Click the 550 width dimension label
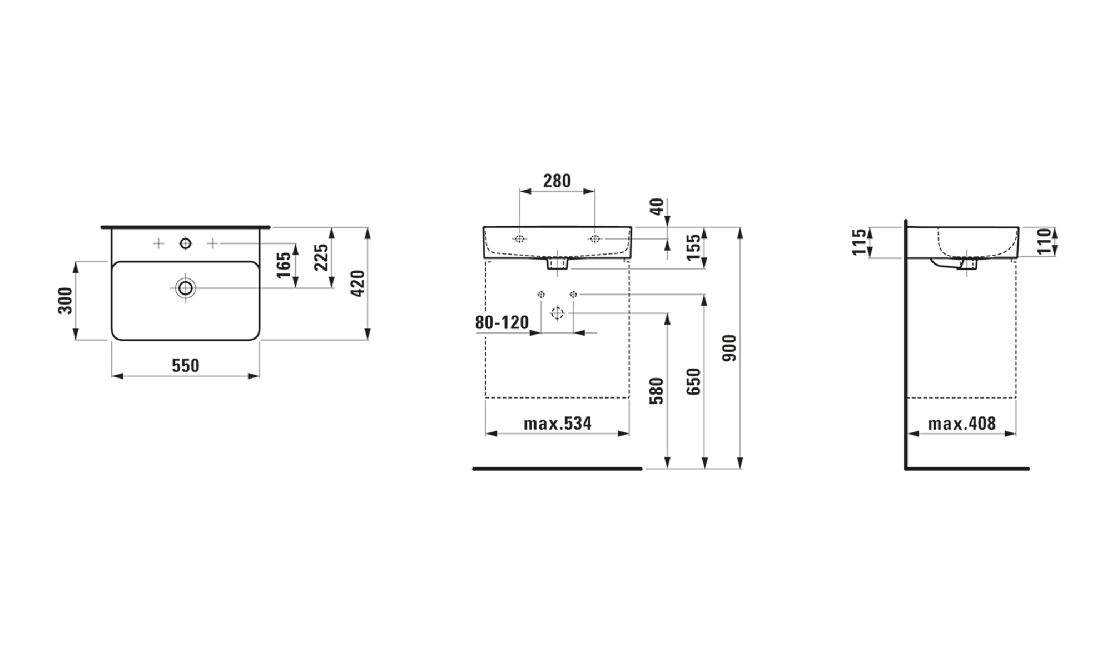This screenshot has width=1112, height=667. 185,365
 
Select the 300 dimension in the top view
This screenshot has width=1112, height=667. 66,301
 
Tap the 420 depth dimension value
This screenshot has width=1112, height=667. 358,283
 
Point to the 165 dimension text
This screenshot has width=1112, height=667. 284,265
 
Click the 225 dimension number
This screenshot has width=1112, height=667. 321,257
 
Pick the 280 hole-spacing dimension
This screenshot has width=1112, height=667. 557,181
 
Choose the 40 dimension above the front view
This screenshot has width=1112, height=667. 657,206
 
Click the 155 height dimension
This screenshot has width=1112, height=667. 693,247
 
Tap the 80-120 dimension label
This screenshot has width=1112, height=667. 502,322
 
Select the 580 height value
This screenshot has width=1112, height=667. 657,391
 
